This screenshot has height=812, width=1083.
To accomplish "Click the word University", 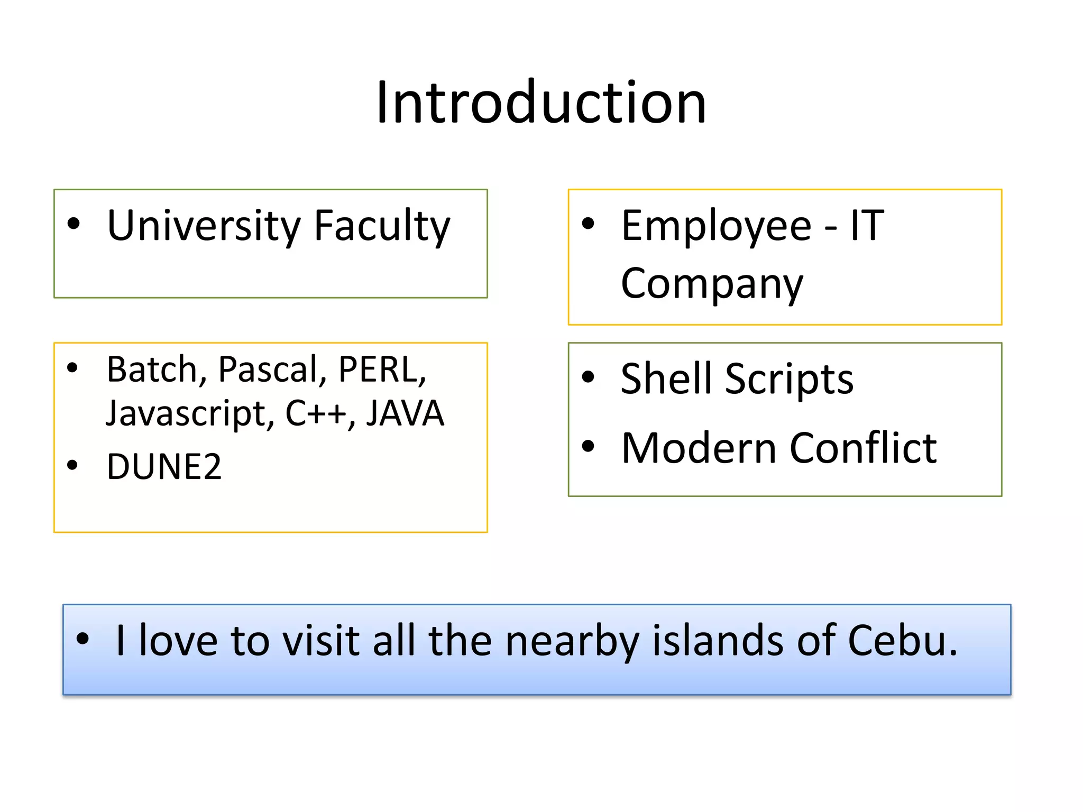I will [204, 226].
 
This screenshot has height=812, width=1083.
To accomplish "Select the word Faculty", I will [382, 226].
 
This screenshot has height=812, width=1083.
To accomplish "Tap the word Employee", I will [716, 226].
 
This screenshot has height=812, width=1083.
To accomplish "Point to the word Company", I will [712, 284].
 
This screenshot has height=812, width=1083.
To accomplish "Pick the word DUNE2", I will [164, 467].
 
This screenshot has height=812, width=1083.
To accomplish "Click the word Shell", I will [665, 379].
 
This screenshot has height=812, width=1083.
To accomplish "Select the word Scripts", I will [789, 380].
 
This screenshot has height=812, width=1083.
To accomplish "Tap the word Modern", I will [698, 448].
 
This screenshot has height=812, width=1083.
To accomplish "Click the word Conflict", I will [863, 448].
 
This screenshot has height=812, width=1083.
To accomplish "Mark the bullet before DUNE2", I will [72, 465].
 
